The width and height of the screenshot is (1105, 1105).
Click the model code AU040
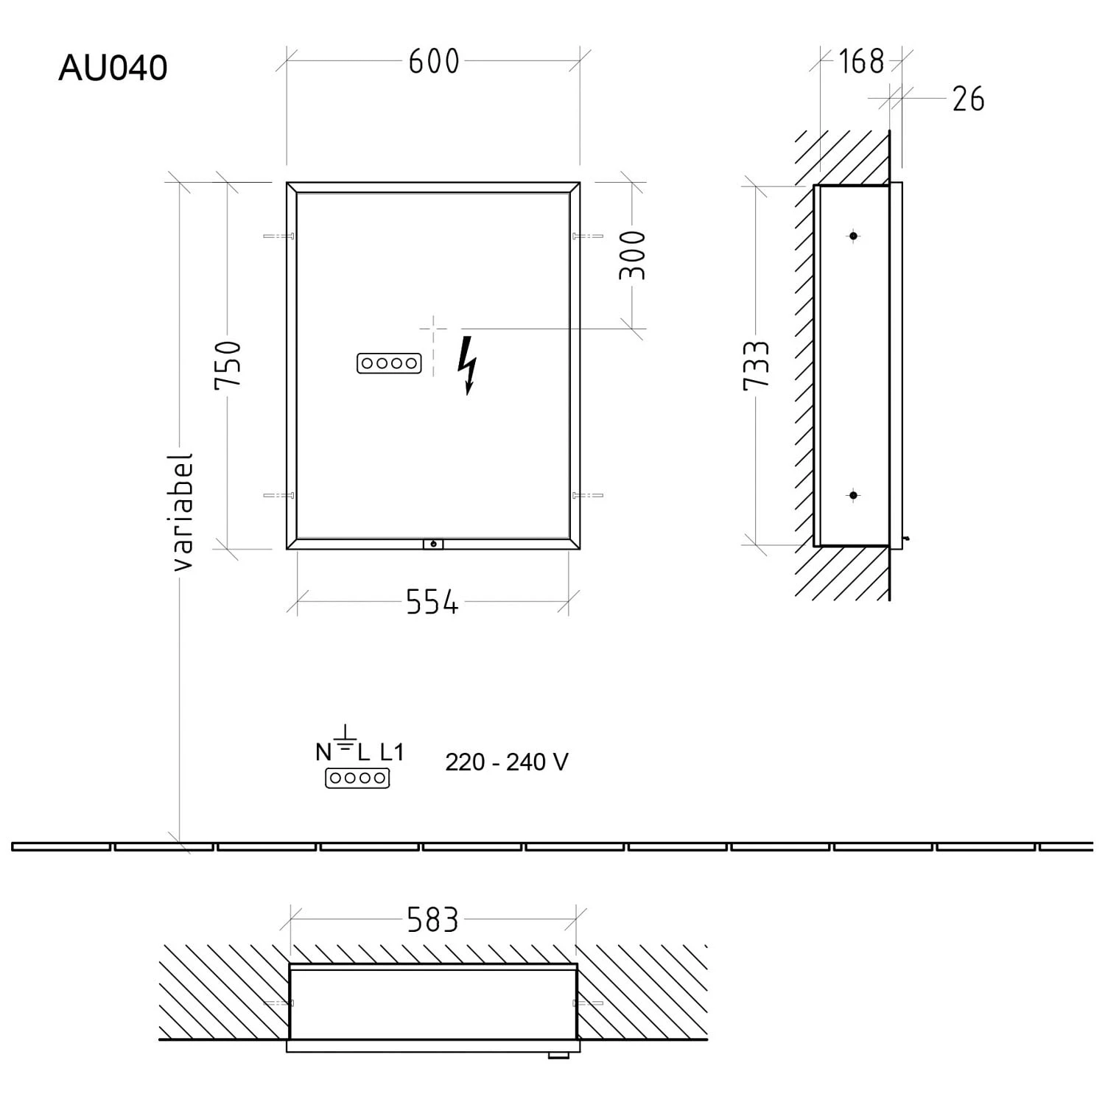[x=113, y=68]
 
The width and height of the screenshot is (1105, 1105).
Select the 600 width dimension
[x=434, y=61]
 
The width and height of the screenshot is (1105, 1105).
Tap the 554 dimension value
[x=432, y=603]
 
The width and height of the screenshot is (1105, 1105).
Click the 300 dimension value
[x=632, y=255]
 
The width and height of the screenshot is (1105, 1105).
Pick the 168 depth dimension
[x=861, y=61]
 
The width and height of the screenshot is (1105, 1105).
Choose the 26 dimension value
[x=968, y=99]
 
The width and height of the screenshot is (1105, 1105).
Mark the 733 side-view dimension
[x=757, y=365]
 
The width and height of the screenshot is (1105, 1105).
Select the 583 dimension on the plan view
[x=432, y=920]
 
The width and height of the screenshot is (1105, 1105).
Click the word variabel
[x=182, y=512]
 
